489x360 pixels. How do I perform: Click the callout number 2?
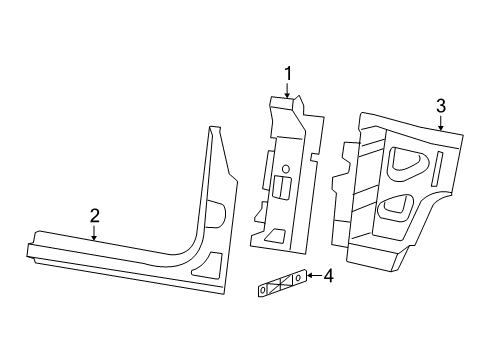coord(94,214)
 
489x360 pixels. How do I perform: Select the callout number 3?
coord(440,106)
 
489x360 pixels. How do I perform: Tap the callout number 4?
coord(326,275)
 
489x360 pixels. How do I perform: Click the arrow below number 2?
coord(94,232)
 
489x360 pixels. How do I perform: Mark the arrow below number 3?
coord(440,124)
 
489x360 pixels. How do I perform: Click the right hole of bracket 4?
coord(297,277)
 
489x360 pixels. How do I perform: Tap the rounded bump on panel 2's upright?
coord(216,211)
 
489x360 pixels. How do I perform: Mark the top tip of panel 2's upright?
coord(212,128)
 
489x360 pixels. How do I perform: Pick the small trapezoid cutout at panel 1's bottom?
coord(273,237)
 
